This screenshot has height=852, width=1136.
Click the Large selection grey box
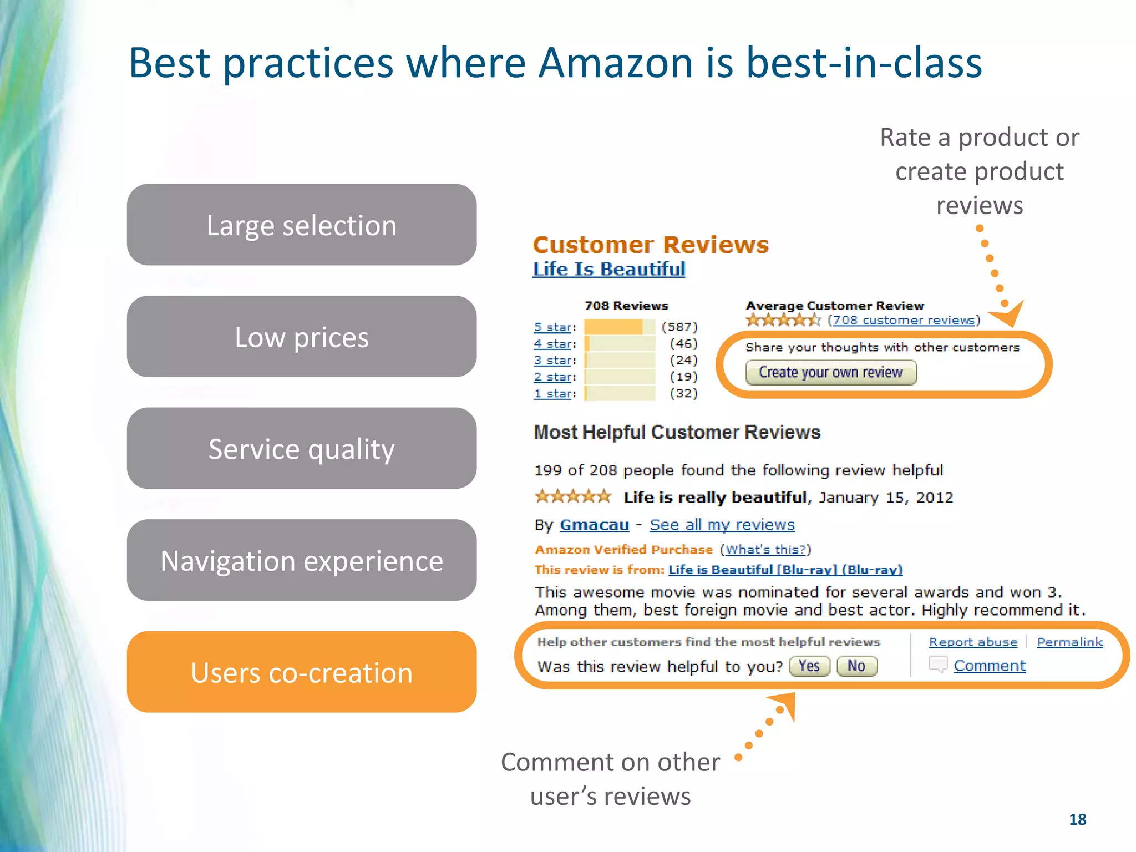tap(301, 225)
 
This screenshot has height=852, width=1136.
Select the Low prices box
tap(301, 337)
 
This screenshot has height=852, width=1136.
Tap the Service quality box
tap(301, 448)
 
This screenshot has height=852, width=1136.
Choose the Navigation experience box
tap(301, 560)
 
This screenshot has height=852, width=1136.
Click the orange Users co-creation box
tap(301, 672)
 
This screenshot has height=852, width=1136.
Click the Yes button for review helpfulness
tap(809, 666)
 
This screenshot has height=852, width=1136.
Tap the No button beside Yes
tap(856, 666)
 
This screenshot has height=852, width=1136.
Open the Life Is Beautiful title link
tap(608, 269)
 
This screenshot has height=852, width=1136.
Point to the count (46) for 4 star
tap(683, 343)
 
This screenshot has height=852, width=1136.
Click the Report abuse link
tap(973, 642)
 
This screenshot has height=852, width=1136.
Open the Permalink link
tap(1069, 642)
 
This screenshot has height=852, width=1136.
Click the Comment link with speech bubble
tap(990, 665)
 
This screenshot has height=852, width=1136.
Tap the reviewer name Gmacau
tap(594, 524)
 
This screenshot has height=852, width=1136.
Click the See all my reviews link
tap(722, 524)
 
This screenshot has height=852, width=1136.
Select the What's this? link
tap(765, 549)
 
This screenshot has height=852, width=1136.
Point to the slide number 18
tap(1077, 819)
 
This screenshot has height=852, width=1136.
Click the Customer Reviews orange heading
tap(650, 245)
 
